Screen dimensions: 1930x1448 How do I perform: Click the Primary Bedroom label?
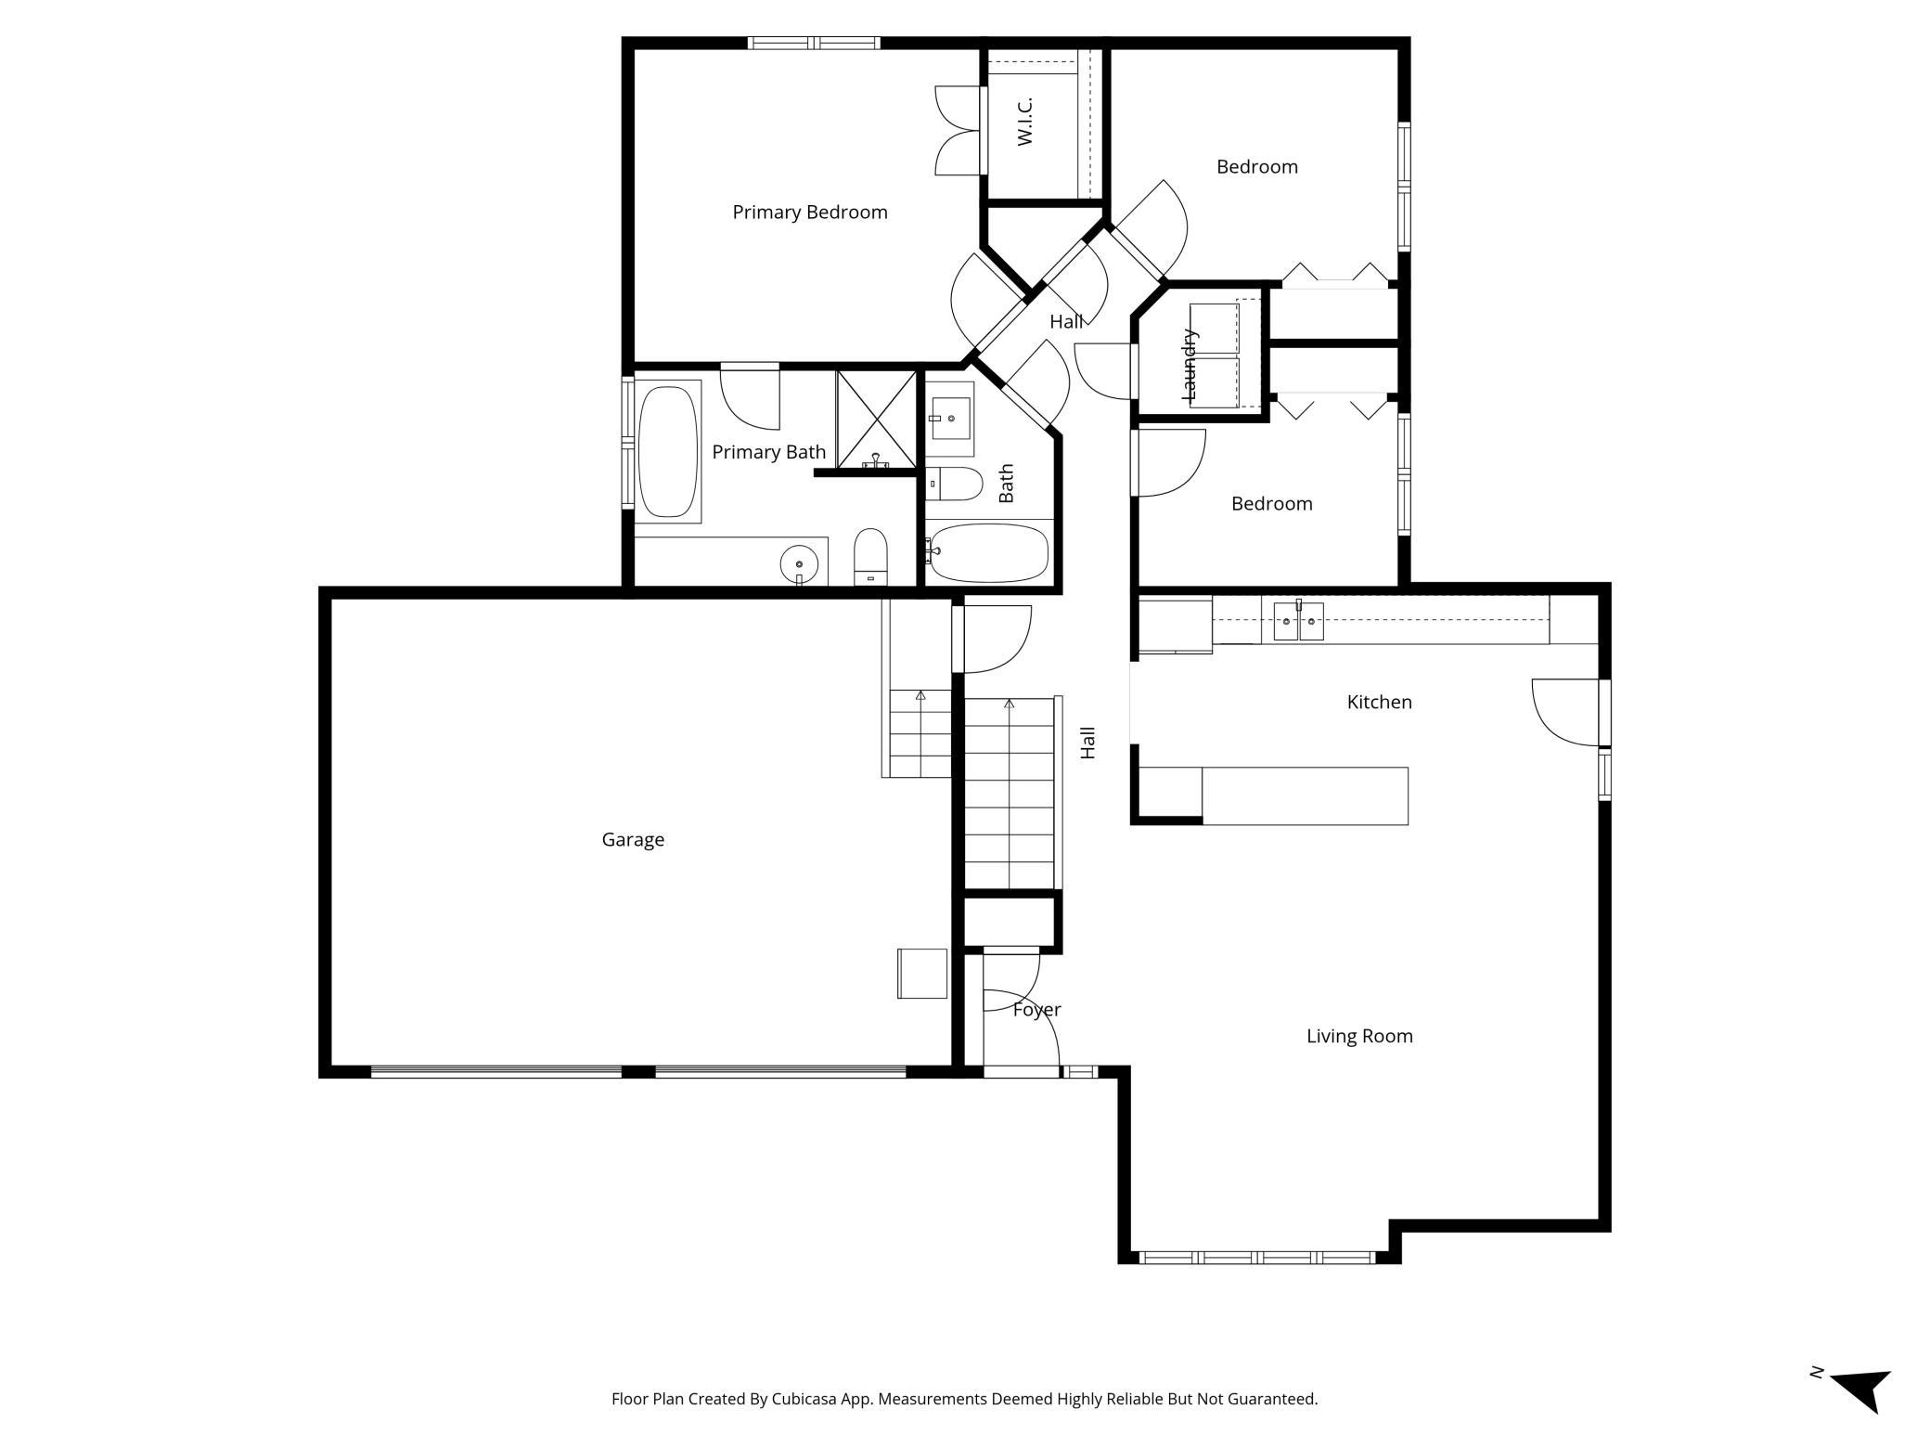[x=810, y=213]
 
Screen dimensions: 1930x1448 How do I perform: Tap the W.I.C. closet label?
[x=1024, y=122]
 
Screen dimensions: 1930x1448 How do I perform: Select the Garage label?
[x=633, y=840]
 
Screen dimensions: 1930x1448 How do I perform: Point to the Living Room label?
[x=1359, y=1036]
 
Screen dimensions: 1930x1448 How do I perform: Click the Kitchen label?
[x=1380, y=702]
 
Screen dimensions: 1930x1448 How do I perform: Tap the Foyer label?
[x=1036, y=1010]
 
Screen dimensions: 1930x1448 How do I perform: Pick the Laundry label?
[x=1190, y=365]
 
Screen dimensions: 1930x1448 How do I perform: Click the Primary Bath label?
[x=768, y=452]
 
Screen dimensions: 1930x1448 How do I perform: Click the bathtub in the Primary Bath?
[x=668, y=451]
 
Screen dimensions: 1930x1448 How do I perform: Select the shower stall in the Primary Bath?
[x=876, y=420]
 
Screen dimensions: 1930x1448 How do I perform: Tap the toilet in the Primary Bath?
[x=870, y=557]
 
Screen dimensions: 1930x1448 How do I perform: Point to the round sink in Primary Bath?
[x=799, y=563]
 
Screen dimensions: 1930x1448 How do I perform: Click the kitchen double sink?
[x=1298, y=620]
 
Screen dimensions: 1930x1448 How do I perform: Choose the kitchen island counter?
[x=1305, y=795]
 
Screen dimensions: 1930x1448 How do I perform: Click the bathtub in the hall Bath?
[x=990, y=553]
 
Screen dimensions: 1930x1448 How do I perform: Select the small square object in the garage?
[x=922, y=974]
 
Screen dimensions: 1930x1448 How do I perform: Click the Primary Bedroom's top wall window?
[x=814, y=43]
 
